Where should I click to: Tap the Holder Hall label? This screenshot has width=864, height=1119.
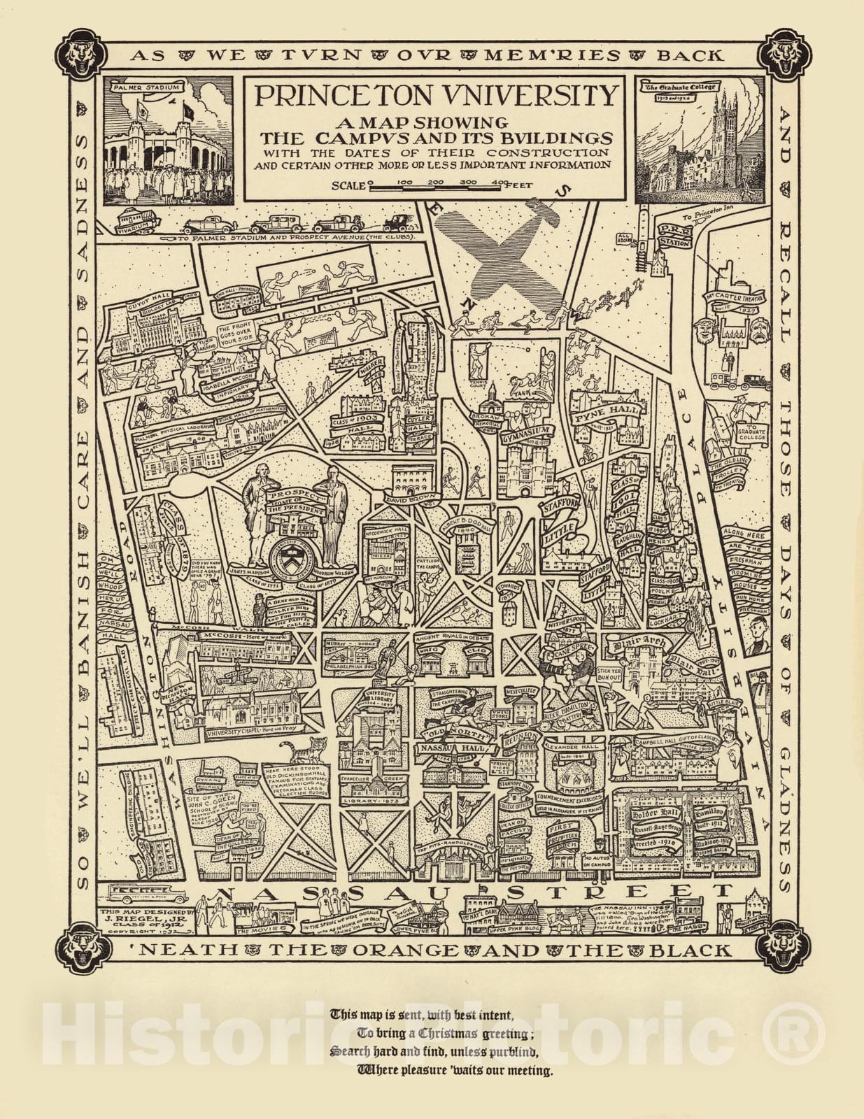click(654, 814)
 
